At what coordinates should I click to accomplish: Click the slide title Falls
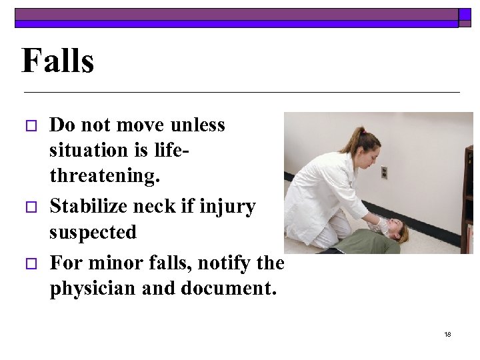pos(57,61)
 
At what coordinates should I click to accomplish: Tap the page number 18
pos(447,334)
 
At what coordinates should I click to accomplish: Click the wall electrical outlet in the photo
pos(384,172)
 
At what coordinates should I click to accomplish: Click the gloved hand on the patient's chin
pos(382,226)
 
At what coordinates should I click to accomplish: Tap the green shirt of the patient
pos(367,242)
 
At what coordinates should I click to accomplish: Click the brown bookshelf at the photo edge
pos(468,200)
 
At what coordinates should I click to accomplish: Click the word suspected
pos(93,233)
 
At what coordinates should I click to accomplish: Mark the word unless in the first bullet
pos(198,125)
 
